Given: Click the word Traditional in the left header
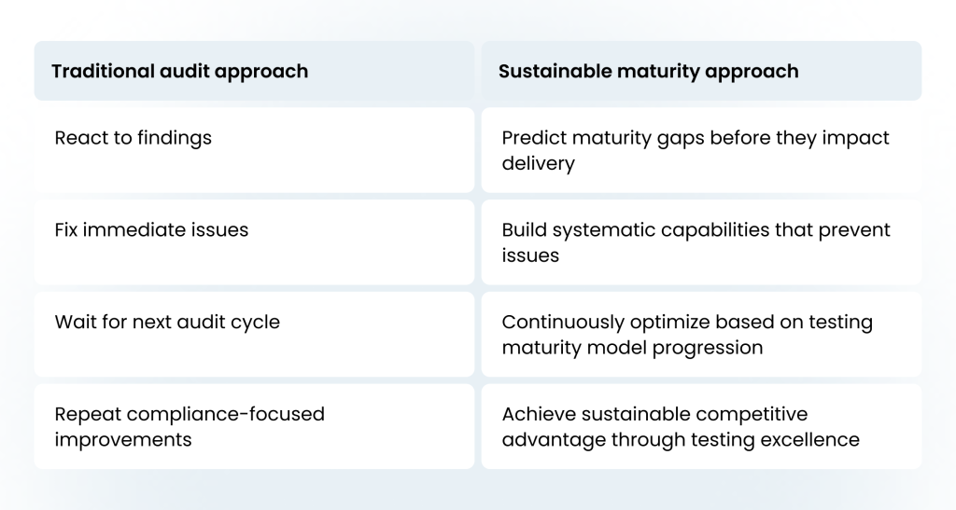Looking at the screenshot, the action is pyautogui.click(x=103, y=71).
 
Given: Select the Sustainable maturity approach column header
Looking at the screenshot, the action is pyautogui.click(x=701, y=71).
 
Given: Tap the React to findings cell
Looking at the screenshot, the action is pyautogui.click(x=254, y=150).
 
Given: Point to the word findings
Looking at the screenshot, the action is pyautogui.click(x=175, y=138).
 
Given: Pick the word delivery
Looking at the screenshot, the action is pyautogui.click(x=539, y=164).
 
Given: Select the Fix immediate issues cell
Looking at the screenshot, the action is pyautogui.click(x=254, y=242).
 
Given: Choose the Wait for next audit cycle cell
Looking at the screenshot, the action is pyautogui.click(x=254, y=334).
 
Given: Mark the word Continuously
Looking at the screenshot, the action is pyautogui.click(x=563, y=322).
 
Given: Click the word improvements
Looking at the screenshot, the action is pyautogui.click(x=123, y=440).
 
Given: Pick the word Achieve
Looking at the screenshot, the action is pyautogui.click(x=539, y=415).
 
